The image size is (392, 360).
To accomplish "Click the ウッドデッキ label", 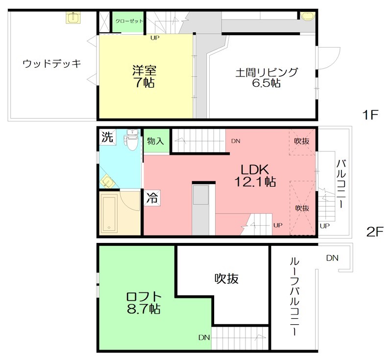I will pos(51,64).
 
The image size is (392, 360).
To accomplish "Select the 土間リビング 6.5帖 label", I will pos(267,77).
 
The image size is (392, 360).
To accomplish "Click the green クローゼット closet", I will pos(129,22).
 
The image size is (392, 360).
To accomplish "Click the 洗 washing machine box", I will pos(106,137).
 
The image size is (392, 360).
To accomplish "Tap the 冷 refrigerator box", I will pos(152,198).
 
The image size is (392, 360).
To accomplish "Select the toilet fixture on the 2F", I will pos(131,141).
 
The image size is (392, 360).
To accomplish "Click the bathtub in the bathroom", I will pos(108,214).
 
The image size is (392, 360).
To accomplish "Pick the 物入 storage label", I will pos(155,141).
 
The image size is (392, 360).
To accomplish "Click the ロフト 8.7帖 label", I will pos(143,303).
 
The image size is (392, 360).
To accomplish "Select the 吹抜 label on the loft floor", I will pos(226,278).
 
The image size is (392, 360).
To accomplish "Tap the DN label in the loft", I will pos(204,337).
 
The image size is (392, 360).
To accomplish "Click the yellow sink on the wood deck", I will pos(74,18).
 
